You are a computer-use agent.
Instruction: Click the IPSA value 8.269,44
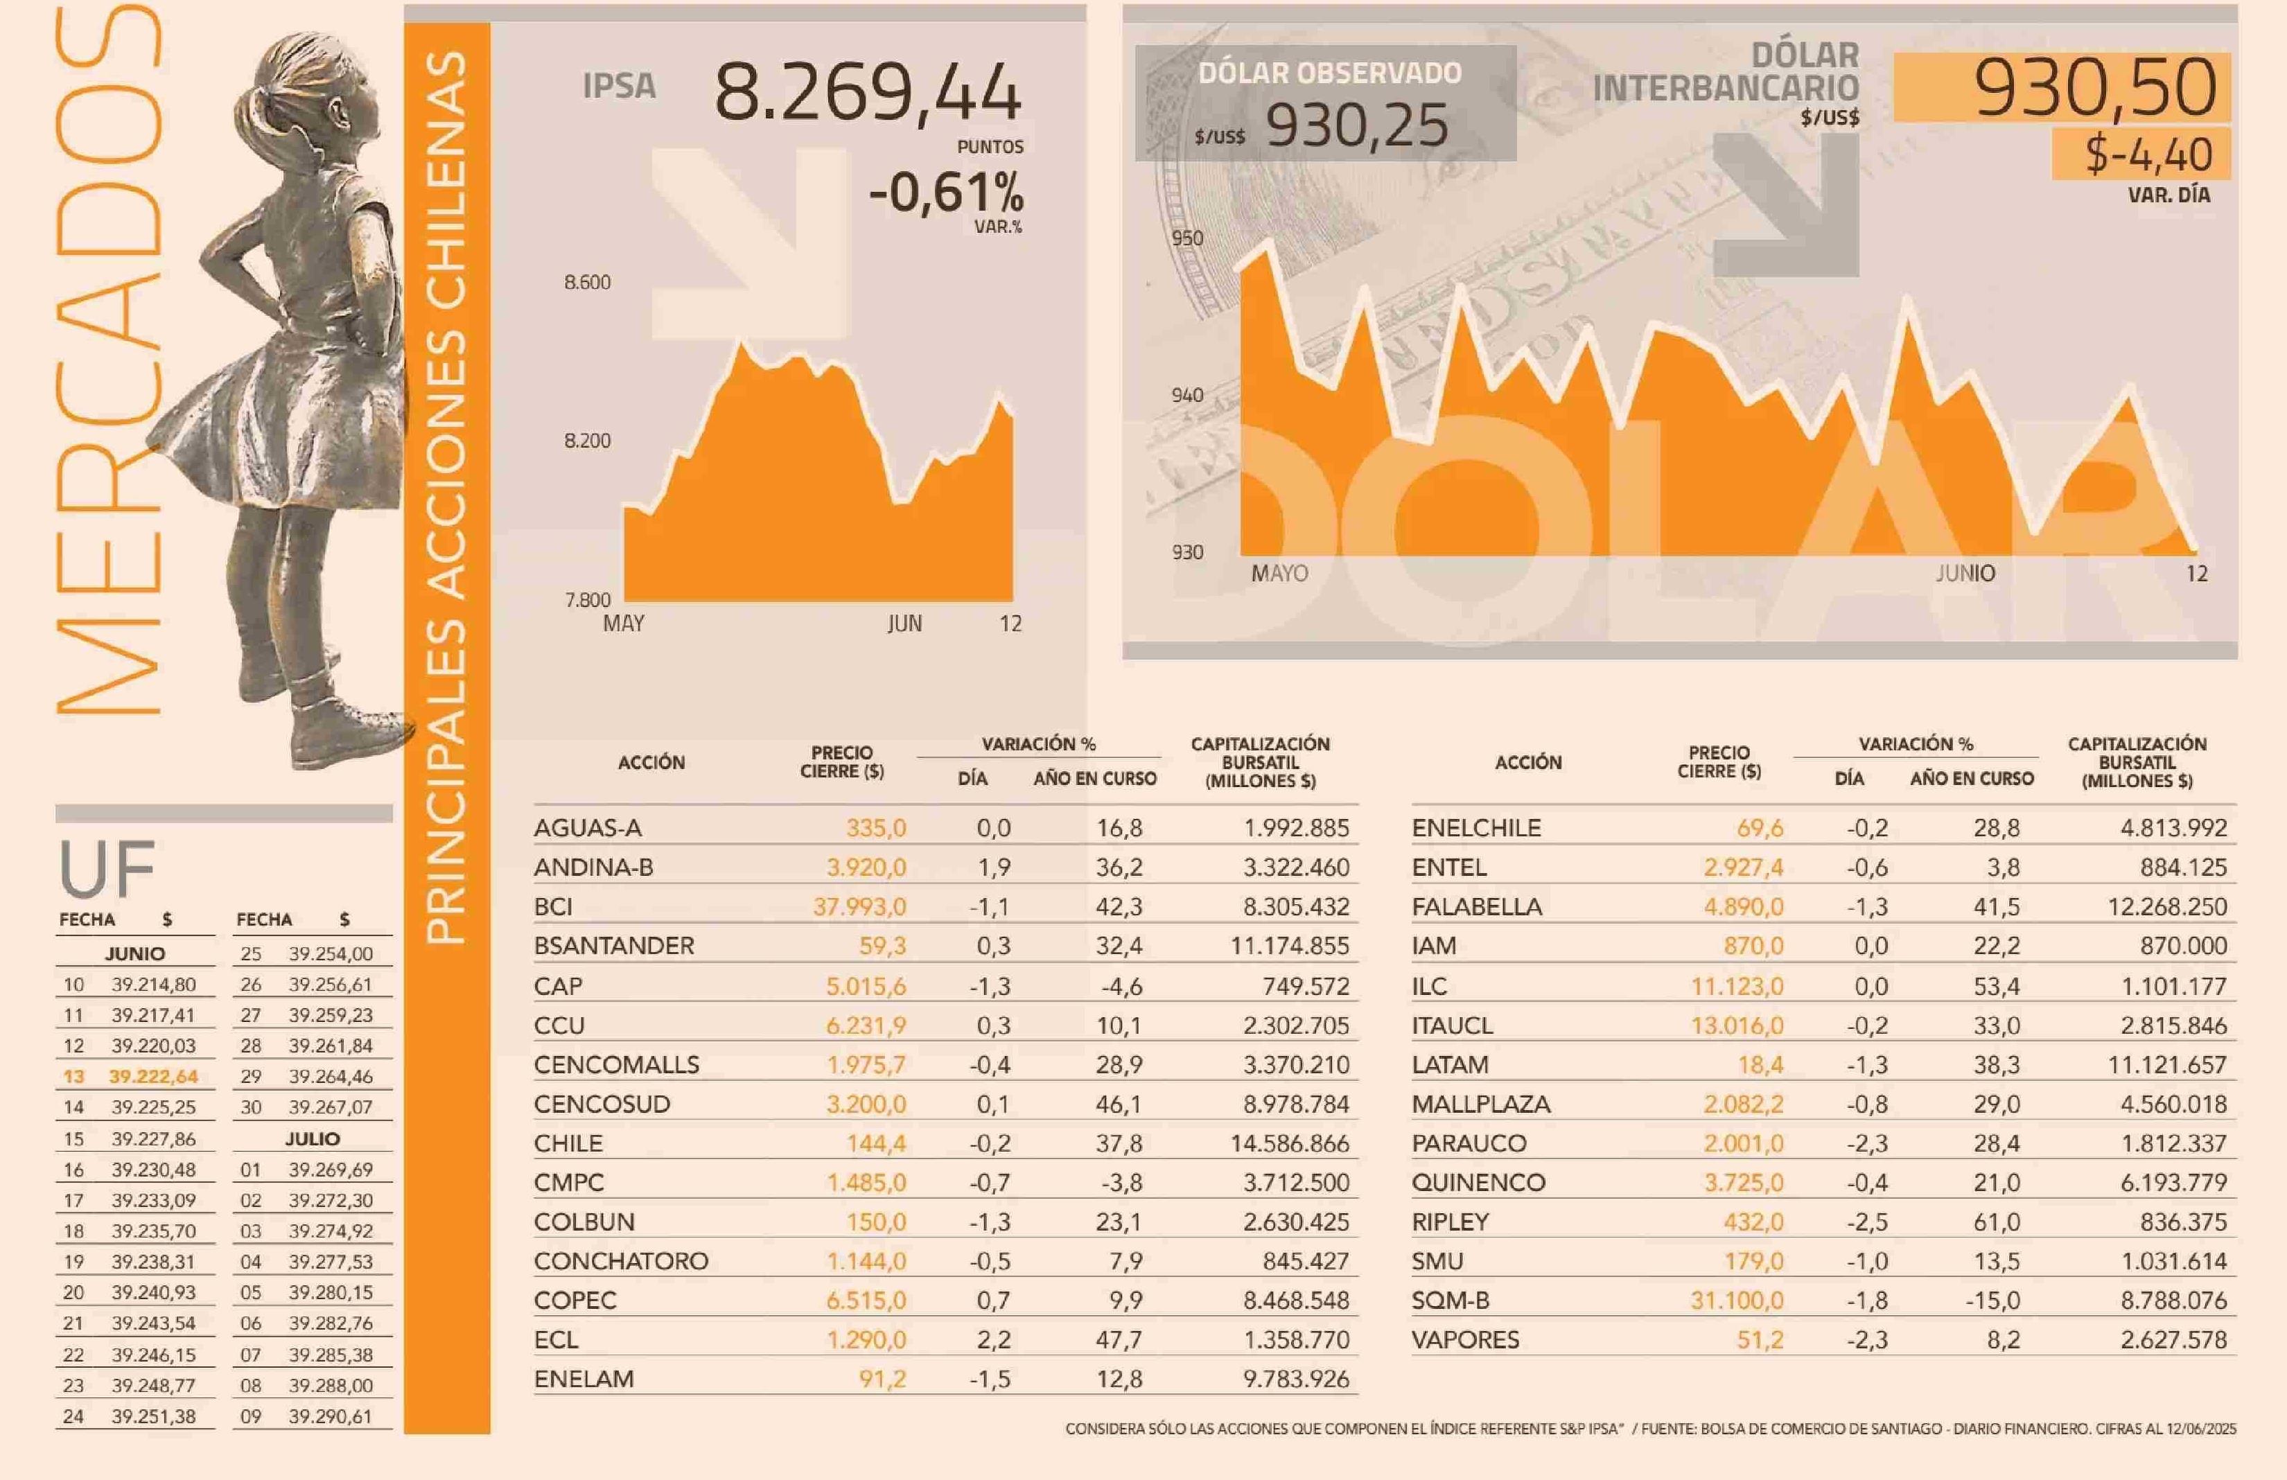(867, 92)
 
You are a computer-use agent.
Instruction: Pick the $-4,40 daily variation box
(2148, 155)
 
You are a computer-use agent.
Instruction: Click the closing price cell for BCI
(859, 906)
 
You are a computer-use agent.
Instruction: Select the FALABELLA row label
(1476, 906)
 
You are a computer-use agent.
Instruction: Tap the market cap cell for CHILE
(1290, 1143)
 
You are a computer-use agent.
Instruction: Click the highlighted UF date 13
(74, 1077)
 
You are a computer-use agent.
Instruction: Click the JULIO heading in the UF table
(313, 1139)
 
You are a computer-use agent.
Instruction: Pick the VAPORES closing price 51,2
(1760, 1340)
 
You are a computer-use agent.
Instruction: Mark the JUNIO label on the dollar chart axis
(1965, 574)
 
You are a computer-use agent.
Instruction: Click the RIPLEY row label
(1450, 1222)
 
